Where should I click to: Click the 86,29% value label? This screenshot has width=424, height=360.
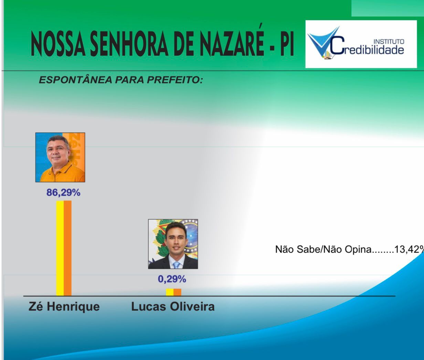coord(63,193)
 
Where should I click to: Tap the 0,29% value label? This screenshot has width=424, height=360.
coord(172,279)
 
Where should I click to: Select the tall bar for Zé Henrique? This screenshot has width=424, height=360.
coord(64,248)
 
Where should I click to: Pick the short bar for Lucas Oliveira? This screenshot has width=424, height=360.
coord(173,292)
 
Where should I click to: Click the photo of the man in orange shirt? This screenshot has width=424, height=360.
coord(60,157)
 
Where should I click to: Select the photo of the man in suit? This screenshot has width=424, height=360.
coord(173,244)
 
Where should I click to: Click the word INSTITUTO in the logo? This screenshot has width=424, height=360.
coord(389,42)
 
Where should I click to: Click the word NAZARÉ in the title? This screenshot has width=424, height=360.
coord(232,43)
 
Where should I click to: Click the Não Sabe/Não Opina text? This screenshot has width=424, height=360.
coord(323,249)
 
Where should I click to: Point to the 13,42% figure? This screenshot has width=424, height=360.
coord(408,249)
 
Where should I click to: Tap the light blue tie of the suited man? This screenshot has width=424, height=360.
coord(177,265)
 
